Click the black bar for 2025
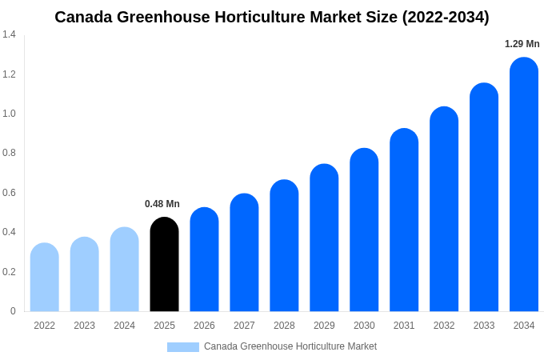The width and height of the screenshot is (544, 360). pyautogui.click(x=164, y=265)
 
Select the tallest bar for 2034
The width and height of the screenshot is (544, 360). pyautogui.click(x=524, y=185)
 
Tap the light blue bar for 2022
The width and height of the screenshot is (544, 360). pyautogui.click(x=45, y=278)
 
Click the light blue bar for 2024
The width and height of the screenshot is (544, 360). pyautogui.click(x=124, y=270)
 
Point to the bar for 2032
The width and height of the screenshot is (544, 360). pyautogui.click(x=444, y=210)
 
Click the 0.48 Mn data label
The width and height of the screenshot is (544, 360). pyautogui.click(x=162, y=204)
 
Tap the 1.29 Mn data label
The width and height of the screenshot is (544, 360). pyautogui.click(x=522, y=44)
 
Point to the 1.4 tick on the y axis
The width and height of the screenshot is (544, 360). pyautogui.click(x=9, y=34)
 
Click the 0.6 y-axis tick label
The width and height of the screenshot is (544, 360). pyautogui.click(x=9, y=193)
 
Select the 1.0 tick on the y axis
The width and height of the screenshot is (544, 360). pyautogui.click(x=9, y=114)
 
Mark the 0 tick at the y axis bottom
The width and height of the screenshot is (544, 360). pyautogui.click(x=13, y=311)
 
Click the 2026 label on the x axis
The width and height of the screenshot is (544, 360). pyautogui.click(x=204, y=326)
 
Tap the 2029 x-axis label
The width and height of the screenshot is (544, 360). pyautogui.click(x=324, y=326)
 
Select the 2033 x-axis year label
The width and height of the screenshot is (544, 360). pyautogui.click(x=484, y=326)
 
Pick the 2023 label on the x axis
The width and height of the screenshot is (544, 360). pyautogui.click(x=84, y=326)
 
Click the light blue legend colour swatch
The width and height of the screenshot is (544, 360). pyautogui.click(x=182, y=347)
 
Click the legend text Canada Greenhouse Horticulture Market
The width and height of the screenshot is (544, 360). pyautogui.click(x=290, y=346)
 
